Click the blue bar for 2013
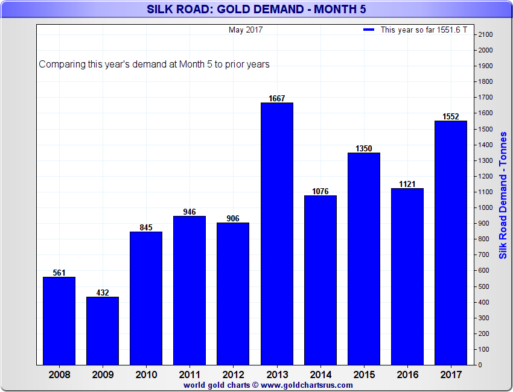277,233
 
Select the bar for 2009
103,330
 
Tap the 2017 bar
451,242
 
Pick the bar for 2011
190,290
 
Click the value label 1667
277,98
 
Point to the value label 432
103,292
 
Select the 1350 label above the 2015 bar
364,148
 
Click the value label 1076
320,191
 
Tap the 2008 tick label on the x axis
59,375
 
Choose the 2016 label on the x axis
407,375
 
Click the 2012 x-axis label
233,375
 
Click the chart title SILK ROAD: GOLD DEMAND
256,9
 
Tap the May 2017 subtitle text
246,30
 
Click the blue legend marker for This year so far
369,30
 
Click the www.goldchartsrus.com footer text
307,385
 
